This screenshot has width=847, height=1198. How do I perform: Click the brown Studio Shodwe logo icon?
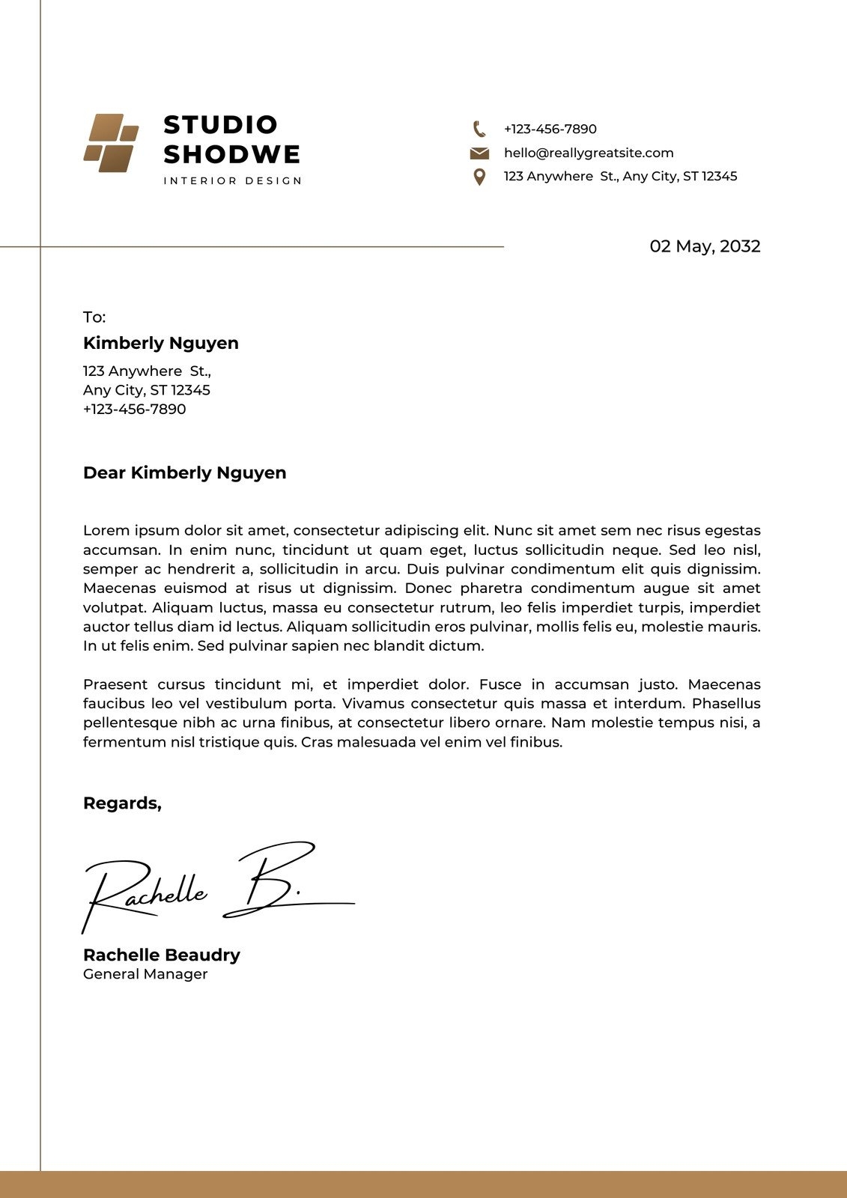pyautogui.click(x=111, y=143)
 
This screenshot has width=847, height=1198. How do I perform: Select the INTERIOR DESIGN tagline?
pyautogui.click(x=232, y=180)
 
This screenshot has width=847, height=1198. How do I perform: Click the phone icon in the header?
pyautogui.click(x=479, y=129)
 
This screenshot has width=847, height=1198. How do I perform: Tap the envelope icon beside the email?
pyautogui.click(x=479, y=153)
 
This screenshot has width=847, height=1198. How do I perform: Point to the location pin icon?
pyautogui.click(x=479, y=177)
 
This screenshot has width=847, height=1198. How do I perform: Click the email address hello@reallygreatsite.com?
pyautogui.click(x=589, y=153)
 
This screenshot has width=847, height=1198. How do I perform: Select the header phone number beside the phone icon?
pyautogui.click(x=550, y=129)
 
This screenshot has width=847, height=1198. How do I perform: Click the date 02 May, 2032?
pyautogui.click(x=705, y=246)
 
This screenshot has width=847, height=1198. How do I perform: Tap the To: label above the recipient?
pyautogui.click(x=94, y=317)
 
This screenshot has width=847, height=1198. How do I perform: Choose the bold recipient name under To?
pyautogui.click(x=161, y=343)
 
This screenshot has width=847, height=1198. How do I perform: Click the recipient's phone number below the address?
pyautogui.click(x=135, y=409)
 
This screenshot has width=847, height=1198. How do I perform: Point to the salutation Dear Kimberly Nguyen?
pyautogui.click(x=185, y=472)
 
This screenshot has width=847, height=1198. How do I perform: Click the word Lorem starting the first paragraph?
pyautogui.click(x=106, y=530)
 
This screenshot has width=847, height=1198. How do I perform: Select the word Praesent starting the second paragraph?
pyautogui.click(x=115, y=684)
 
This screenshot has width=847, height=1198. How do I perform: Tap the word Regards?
pyautogui.click(x=122, y=803)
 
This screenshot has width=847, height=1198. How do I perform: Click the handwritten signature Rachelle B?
pyautogui.click(x=217, y=887)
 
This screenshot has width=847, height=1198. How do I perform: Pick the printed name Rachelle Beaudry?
pyautogui.click(x=162, y=955)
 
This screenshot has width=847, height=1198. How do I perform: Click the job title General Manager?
pyautogui.click(x=145, y=974)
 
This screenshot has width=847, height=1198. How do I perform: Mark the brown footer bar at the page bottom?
pyautogui.click(x=423, y=1185)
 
